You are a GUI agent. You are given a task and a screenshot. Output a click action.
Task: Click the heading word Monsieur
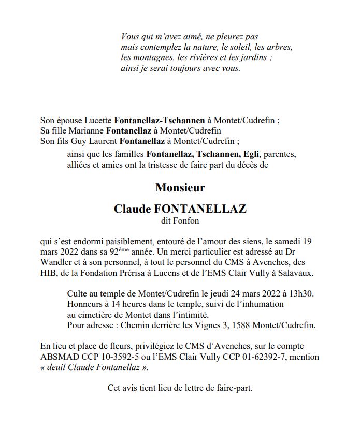point(180,187)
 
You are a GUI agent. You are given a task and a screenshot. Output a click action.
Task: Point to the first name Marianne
point(87,130)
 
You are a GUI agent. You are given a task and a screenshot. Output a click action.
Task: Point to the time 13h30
point(301,294)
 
